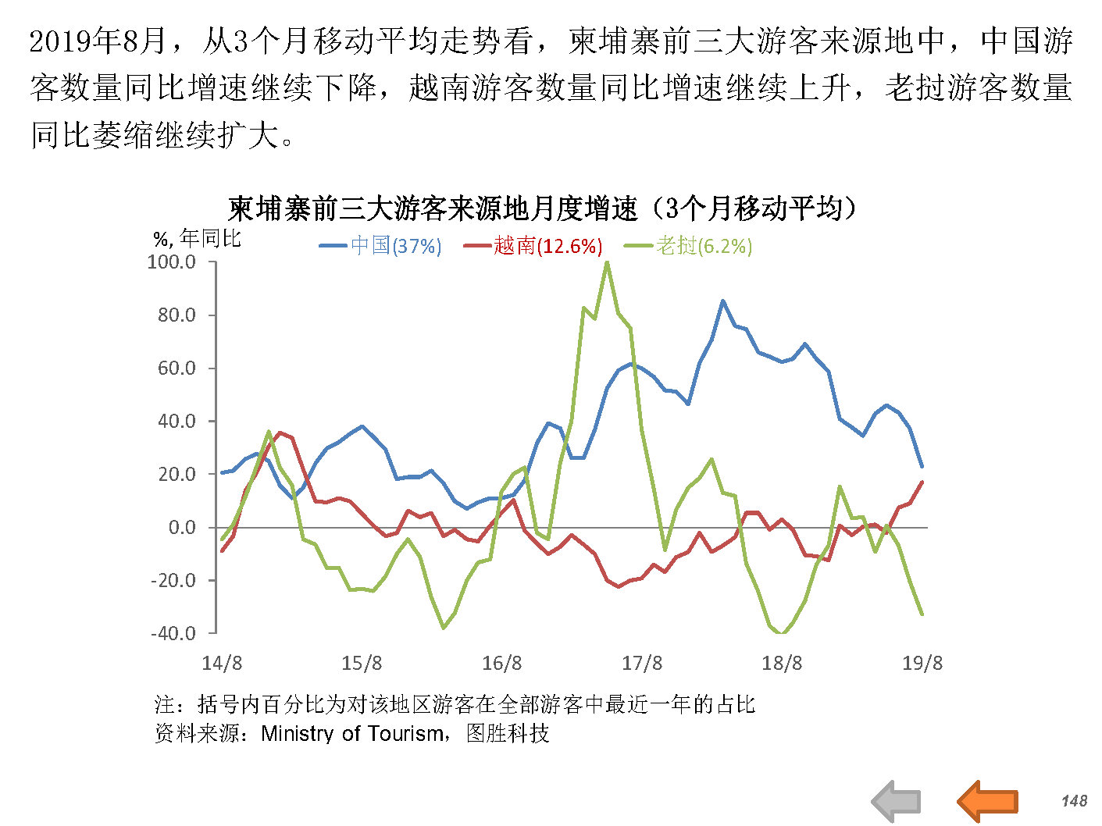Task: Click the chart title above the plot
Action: [x=543, y=208]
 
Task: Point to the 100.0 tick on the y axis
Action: [x=172, y=262]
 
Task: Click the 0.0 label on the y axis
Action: [x=182, y=527]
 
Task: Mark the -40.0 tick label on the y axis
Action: [x=173, y=633]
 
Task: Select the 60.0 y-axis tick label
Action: [x=177, y=368]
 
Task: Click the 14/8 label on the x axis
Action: [x=222, y=664]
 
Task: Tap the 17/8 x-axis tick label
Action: [x=642, y=664]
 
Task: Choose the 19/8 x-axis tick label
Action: [x=922, y=664]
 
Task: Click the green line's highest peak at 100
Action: [x=607, y=262]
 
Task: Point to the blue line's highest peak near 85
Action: [x=722, y=301]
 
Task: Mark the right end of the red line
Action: [x=922, y=482]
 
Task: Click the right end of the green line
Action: [x=922, y=614]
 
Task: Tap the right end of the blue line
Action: [x=922, y=467]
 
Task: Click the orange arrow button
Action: [x=988, y=800]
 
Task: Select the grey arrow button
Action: [x=897, y=800]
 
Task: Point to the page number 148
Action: [x=1074, y=800]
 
